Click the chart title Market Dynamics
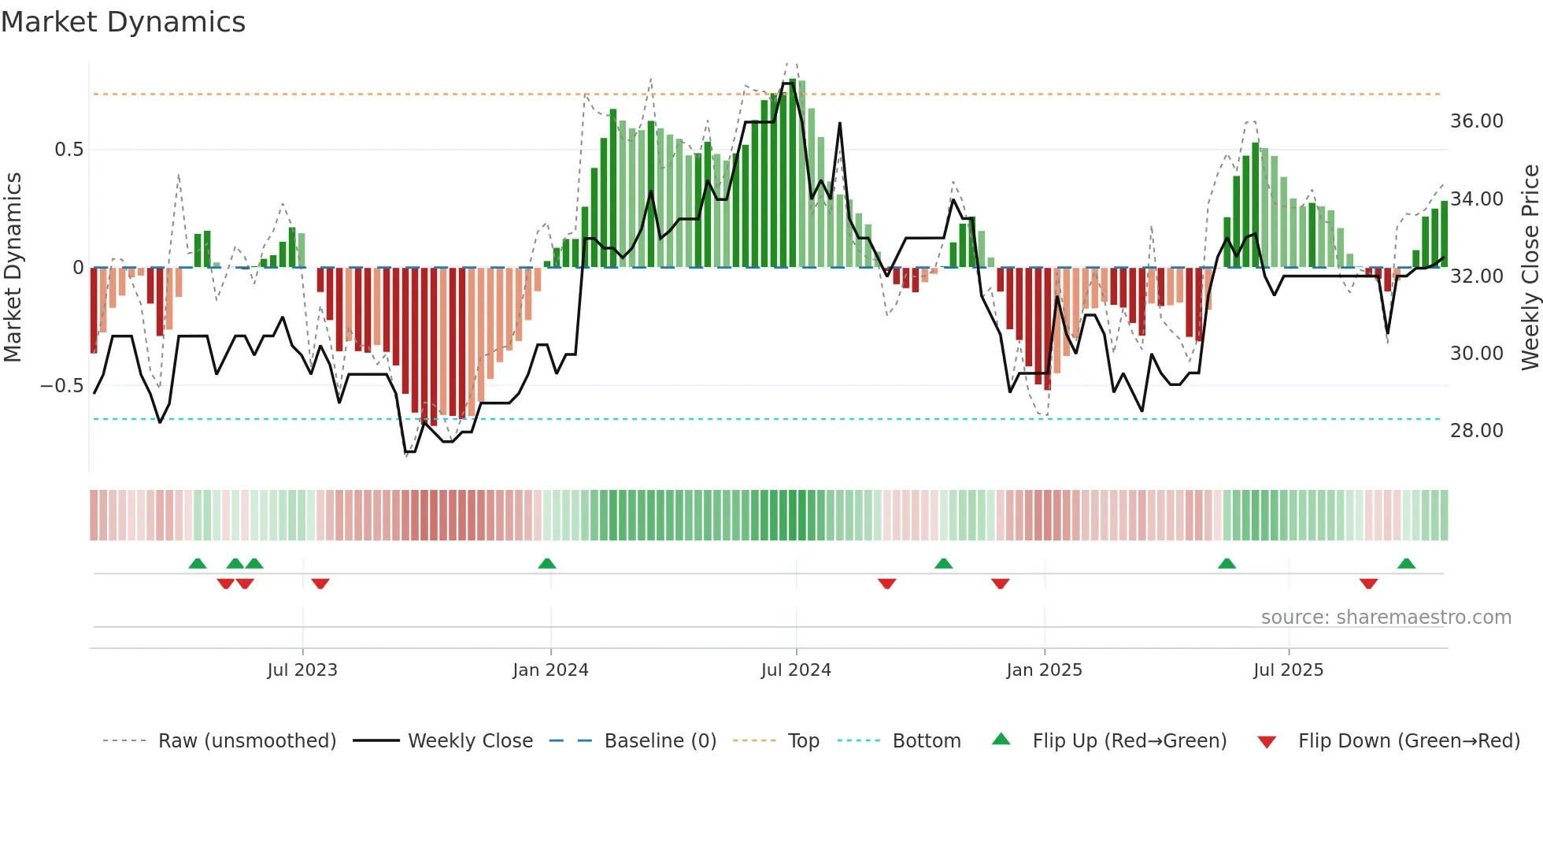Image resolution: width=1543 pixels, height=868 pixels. (124, 22)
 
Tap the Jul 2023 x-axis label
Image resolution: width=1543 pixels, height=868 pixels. (302, 670)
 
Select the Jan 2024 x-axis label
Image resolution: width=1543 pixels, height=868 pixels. (550, 670)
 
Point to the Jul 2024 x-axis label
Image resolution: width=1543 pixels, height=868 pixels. (796, 670)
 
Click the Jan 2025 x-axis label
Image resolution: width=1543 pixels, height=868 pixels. (1044, 670)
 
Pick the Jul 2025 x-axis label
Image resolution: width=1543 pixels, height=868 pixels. (1288, 670)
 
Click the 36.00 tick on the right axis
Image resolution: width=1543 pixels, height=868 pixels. (1476, 121)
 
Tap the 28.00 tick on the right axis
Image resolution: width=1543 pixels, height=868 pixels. (1476, 431)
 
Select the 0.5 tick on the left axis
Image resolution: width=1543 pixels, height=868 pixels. (68, 150)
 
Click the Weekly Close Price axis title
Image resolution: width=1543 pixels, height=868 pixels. (1530, 267)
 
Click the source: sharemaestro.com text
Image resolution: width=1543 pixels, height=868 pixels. (1386, 618)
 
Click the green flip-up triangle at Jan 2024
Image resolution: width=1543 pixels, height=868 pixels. (547, 563)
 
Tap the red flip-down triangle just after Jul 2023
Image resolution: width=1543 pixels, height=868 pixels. (320, 584)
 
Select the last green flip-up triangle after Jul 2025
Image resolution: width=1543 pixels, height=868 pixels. (1406, 563)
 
